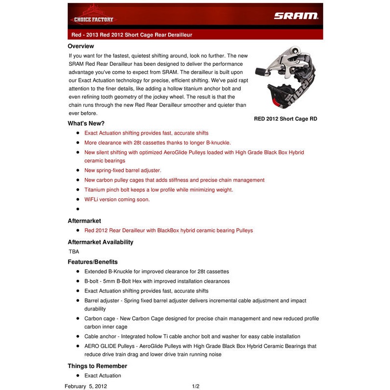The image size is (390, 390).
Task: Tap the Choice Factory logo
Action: pos(93,16)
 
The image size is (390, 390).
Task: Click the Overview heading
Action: pos(81,46)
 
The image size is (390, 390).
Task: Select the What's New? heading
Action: pos(86,123)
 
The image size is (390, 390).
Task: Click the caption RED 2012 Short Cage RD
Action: pos(285,118)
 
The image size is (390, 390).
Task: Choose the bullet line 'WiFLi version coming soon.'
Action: pos(117,199)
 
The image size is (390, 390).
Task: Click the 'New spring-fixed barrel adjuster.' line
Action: pos(122,170)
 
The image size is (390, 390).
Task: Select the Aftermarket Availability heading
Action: pos(100,242)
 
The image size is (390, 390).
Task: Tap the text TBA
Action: pos(74,252)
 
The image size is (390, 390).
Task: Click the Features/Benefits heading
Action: pos(93,262)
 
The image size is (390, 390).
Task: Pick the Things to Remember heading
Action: pos(97,366)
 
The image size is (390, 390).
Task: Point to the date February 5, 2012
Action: pos(86,386)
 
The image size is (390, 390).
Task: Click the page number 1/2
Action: pos(195,386)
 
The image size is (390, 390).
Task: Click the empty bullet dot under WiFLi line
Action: pos(78,209)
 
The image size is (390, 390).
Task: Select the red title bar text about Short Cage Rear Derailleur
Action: pos(132,35)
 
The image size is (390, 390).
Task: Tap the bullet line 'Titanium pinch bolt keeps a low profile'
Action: pos(158,190)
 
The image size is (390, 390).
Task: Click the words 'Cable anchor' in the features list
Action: pos(101,336)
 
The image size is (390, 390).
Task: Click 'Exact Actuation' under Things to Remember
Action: pos(103,376)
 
